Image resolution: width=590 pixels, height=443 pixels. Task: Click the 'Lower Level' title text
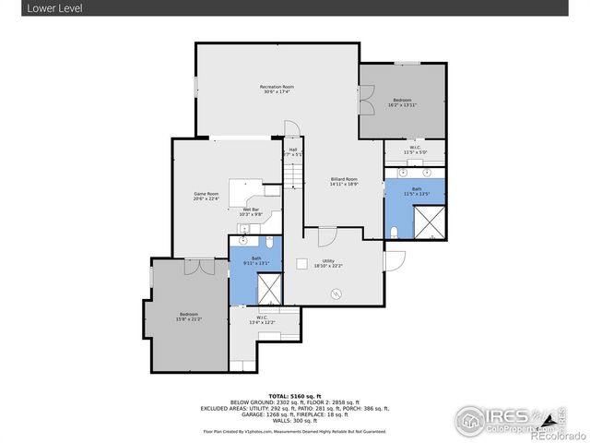(x=28, y=7)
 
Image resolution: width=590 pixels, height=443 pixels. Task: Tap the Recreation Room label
(x=277, y=87)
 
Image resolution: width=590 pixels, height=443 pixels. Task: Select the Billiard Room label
(x=344, y=179)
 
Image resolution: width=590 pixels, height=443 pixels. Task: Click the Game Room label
(x=206, y=194)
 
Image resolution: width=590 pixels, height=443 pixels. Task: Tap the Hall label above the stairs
(x=293, y=150)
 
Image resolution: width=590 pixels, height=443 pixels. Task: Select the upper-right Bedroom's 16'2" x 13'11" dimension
(x=402, y=104)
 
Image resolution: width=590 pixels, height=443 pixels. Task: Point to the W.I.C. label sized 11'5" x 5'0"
(x=415, y=150)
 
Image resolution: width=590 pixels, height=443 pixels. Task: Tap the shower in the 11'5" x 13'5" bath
(x=429, y=222)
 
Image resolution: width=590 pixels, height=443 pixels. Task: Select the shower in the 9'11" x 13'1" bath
(x=268, y=290)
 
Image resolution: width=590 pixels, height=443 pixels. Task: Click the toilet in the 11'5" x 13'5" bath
(x=395, y=231)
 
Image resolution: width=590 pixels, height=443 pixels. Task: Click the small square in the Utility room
(x=301, y=263)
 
